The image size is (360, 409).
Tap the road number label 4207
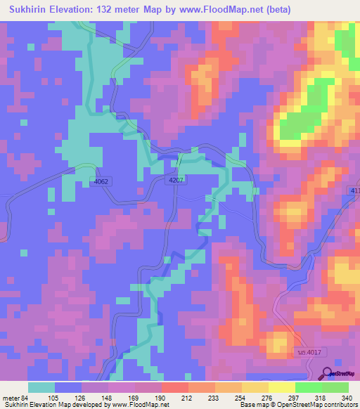[176, 181]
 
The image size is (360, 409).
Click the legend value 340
[347, 397]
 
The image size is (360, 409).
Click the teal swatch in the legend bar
[41, 387]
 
